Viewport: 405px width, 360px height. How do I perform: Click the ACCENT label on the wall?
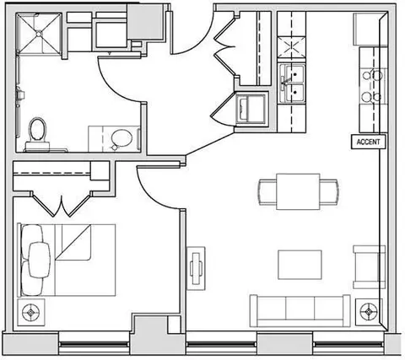[x=368, y=142]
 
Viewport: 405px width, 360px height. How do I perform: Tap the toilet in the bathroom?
[x=37, y=134]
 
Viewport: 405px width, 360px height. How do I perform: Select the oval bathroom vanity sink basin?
[x=121, y=138]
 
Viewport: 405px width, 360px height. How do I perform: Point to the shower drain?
[x=39, y=34]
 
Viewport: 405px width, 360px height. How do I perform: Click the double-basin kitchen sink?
[x=292, y=83]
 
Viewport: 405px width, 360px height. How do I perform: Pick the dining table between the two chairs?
[x=298, y=191]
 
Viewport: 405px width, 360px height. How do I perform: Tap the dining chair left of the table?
[x=267, y=191]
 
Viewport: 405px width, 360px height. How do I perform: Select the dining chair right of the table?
[x=329, y=191]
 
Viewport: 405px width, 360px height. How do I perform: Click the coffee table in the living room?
[x=300, y=265]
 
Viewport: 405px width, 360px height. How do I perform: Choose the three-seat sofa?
[x=300, y=311]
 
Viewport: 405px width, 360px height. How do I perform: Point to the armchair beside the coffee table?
[x=369, y=267]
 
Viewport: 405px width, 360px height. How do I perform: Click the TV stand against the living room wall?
[x=196, y=268]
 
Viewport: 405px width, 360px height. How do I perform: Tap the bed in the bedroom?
[x=67, y=260]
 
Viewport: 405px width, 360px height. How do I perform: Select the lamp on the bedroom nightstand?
[x=31, y=312]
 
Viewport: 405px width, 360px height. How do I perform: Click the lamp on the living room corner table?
[x=369, y=312]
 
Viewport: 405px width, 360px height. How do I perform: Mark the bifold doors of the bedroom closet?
[x=62, y=204]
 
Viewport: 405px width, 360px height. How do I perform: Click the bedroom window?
[x=94, y=344]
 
